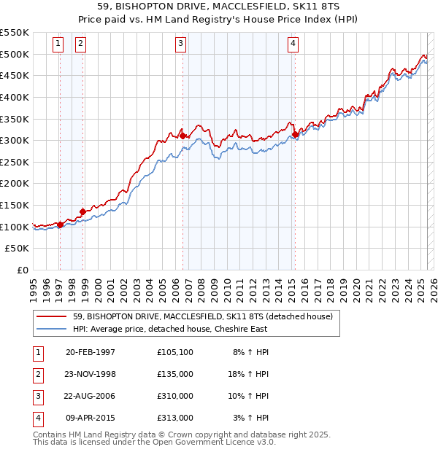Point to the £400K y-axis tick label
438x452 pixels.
click(15, 97)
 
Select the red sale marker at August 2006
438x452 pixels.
click(182, 135)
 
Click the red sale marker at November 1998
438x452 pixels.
click(82, 211)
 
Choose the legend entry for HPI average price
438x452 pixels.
click(170, 329)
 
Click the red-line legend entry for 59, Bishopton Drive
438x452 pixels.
click(203, 316)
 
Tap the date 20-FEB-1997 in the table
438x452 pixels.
click(91, 352)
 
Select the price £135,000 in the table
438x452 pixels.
click(175, 374)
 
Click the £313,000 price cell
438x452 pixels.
click(175, 418)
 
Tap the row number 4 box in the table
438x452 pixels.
click(37, 418)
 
